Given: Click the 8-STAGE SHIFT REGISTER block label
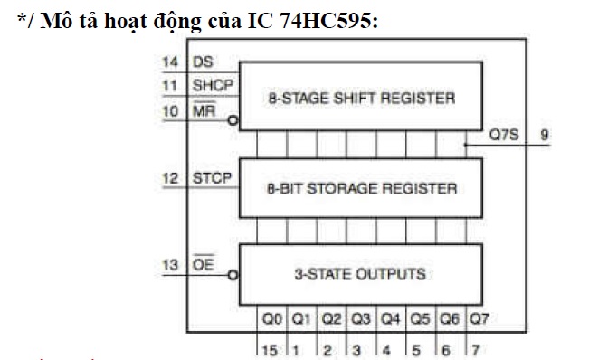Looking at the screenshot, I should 362,98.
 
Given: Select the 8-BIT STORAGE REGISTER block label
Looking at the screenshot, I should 361,189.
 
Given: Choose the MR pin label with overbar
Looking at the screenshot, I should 204,110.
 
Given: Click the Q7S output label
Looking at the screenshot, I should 503,133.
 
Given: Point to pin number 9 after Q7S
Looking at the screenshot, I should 545,133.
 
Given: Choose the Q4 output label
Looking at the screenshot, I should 390,318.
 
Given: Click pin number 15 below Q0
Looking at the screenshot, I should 268,346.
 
